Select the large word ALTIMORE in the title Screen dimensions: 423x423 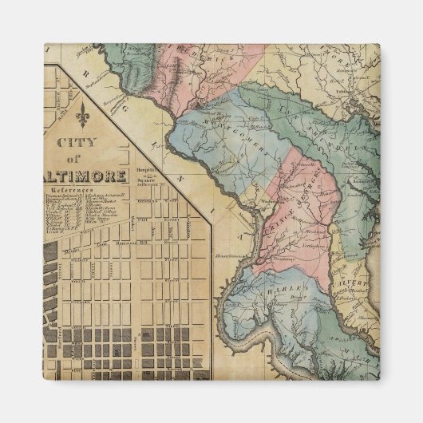tap(89, 176)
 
